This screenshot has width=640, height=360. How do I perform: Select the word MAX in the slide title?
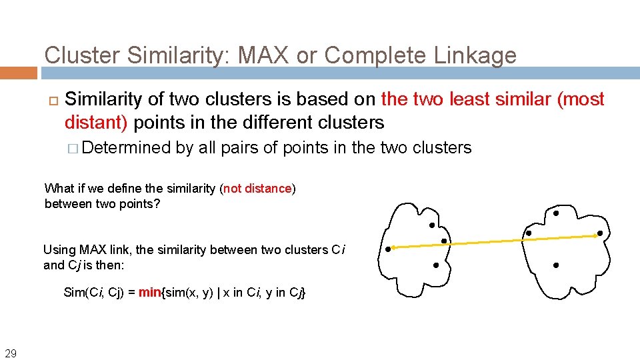(257, 55)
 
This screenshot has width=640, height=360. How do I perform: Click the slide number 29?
(11, 353)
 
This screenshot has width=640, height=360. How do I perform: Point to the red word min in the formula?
(150, 292)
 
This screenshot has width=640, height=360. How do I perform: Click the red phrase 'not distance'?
(258, 189)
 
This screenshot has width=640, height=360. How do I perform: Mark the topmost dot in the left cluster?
(432, 225)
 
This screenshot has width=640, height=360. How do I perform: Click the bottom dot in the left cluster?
(435, 265)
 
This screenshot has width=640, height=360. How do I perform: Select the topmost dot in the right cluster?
(556, 213)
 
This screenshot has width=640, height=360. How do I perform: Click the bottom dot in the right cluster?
(555, 265)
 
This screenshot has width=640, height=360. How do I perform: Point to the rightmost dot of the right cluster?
(599, 233)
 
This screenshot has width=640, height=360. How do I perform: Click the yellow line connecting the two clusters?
(493, 241)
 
